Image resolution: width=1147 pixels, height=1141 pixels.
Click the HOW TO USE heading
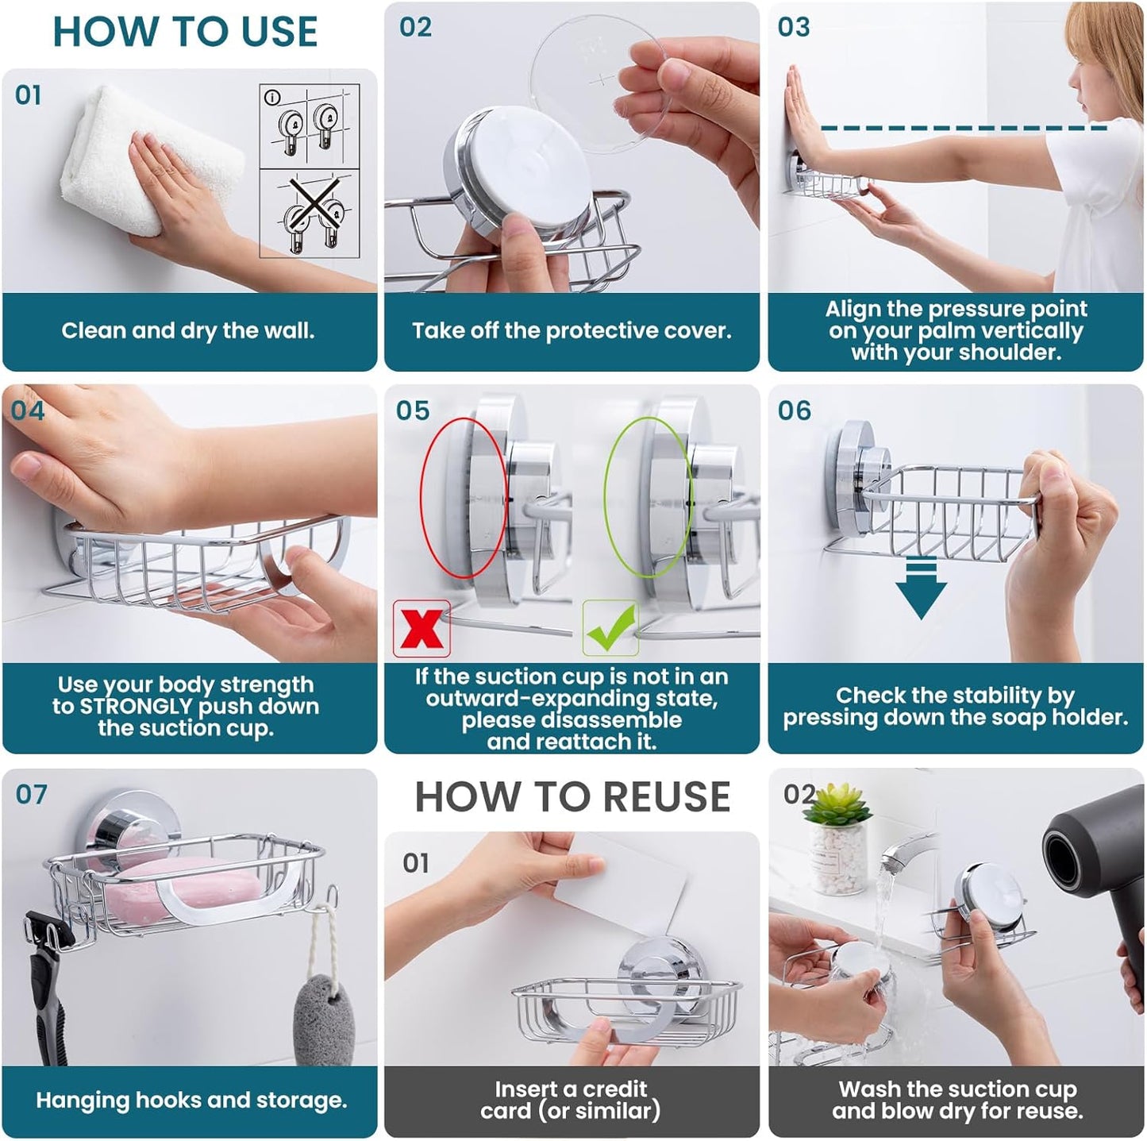click(185, 33)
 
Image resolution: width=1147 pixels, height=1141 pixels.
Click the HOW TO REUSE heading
click(572, 797)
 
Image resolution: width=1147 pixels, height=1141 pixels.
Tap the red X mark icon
click(421, 629)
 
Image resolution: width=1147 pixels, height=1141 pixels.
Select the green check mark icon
click(610, 628)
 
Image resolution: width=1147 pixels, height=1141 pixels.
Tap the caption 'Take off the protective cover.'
click(572, 330)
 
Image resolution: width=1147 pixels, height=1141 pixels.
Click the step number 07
click(32, 794)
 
